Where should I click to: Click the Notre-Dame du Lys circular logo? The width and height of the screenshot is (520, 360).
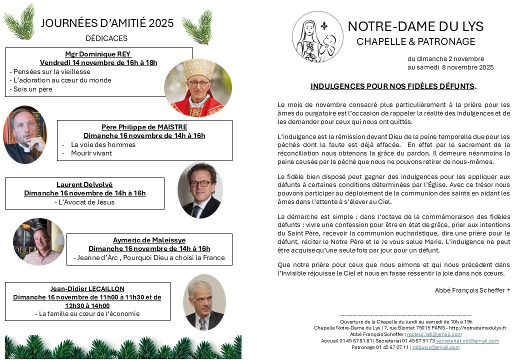coord(317,37)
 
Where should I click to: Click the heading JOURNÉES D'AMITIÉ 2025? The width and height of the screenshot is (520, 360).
coord(107,23)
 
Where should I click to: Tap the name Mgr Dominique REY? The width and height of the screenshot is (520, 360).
coord(98,54)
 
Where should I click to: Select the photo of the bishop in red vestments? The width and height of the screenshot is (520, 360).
coord(198,88)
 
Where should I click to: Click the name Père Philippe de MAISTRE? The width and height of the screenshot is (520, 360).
coord(144,127)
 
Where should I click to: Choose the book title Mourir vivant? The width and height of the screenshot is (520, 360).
coord(91,153)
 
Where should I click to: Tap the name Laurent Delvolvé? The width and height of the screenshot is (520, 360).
coord(84,184)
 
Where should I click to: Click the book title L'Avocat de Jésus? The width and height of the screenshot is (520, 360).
coord(84,202)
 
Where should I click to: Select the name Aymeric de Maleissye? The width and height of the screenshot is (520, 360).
coord(149,240)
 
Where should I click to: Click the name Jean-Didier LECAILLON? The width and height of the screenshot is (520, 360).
coord(87,288)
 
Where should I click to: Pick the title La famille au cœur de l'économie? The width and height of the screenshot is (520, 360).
coord(87,313)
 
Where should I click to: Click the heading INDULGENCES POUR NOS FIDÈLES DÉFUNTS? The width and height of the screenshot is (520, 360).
coord(392,86)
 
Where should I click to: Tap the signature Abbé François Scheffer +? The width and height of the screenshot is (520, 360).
coord(472,290)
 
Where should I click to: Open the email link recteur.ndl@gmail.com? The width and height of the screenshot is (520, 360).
coord(434,334)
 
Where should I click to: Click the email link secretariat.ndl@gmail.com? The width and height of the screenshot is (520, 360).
coord(467,340)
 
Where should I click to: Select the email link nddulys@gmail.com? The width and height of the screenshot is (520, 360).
coord(435,347)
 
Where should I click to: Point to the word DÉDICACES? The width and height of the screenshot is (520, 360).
coord(106,38)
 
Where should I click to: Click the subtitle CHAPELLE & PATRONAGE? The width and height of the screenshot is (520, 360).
coord(415,42)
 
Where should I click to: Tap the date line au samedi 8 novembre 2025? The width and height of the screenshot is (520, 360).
coord(450,67)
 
